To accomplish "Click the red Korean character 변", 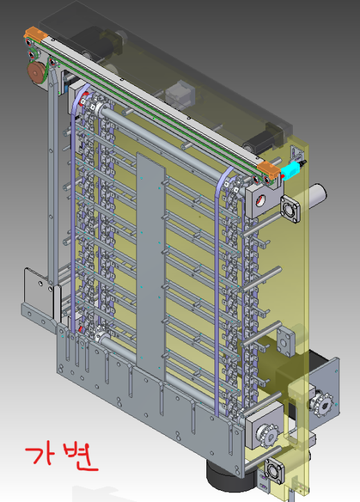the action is click(x=80, y=456).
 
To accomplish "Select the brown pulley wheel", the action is click(x=37, y=73).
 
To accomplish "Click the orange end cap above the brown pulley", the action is click(x=35, y=34).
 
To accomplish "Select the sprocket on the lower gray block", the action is click(x=267, y=433).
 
